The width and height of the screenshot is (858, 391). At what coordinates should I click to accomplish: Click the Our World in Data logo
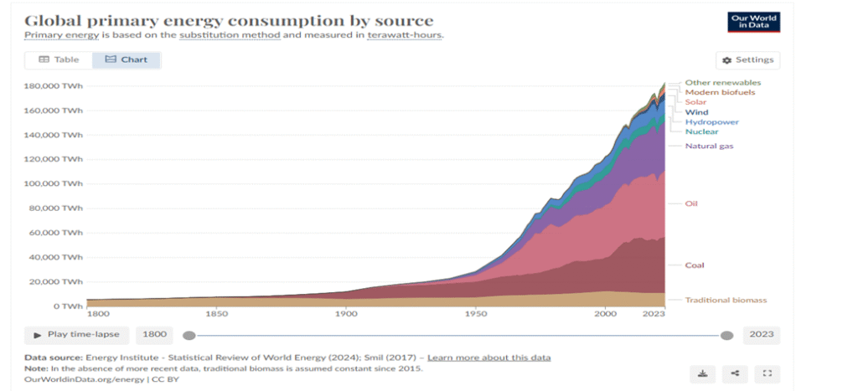[x=753, y=23]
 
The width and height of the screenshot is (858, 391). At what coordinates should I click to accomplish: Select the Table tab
[x=59, y=59]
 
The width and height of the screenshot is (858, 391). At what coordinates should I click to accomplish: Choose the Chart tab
[x=126, y=59]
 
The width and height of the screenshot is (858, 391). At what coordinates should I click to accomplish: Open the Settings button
[x=747, y=60]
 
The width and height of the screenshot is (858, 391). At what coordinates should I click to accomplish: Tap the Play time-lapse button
[x=76, y=335]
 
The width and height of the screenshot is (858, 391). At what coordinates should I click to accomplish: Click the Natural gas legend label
[x=710, y=147]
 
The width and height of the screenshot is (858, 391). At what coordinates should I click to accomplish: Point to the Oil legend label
[x=691, y=203]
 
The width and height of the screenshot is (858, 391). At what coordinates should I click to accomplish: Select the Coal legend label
[x=695, y=265]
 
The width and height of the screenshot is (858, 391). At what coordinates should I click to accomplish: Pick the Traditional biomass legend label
[x=726, y=300]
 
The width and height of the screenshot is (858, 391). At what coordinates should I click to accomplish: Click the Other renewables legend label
[x=722, y=83]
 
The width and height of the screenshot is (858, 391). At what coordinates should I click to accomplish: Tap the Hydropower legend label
[x=711, y=122]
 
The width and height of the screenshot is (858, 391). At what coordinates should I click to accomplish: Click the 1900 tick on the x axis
[x=345, y=313]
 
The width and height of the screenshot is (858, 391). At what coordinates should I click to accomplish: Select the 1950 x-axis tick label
[x=475, y=313]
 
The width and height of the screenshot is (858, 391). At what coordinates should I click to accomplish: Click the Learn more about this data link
[x=488, y=358]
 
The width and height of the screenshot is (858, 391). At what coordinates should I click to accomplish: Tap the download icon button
[x=702, y=373]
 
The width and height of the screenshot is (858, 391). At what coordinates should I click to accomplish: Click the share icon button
[x=735, y=373]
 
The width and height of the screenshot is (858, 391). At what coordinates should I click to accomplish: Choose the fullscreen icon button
[x=767, y=373]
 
